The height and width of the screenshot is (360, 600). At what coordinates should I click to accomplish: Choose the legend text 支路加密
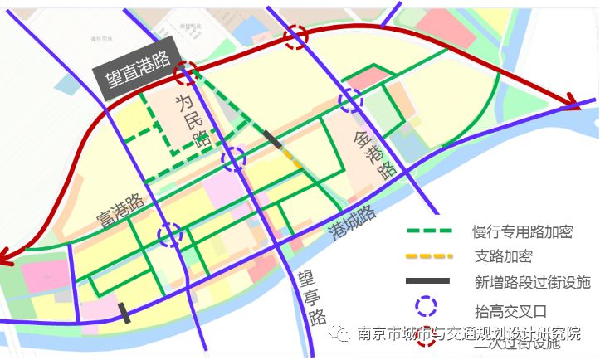coord(500,256)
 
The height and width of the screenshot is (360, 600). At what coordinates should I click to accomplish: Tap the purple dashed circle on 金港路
coord(351,100)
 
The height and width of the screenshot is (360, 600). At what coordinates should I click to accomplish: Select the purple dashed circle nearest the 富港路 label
coord(170,236)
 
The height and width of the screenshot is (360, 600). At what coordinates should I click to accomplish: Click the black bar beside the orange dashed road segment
coord(271,139)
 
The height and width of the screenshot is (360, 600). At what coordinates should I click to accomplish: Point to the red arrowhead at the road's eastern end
coord(572,104)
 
